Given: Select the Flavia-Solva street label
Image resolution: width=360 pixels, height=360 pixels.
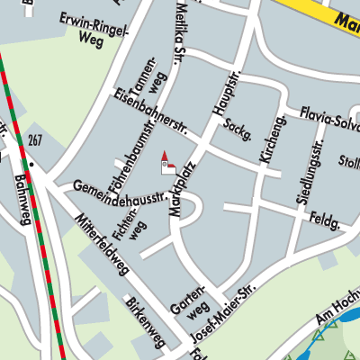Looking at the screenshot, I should (x=320, y=121).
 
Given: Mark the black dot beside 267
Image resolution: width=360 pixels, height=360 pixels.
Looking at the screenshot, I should (x=30, y=164).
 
